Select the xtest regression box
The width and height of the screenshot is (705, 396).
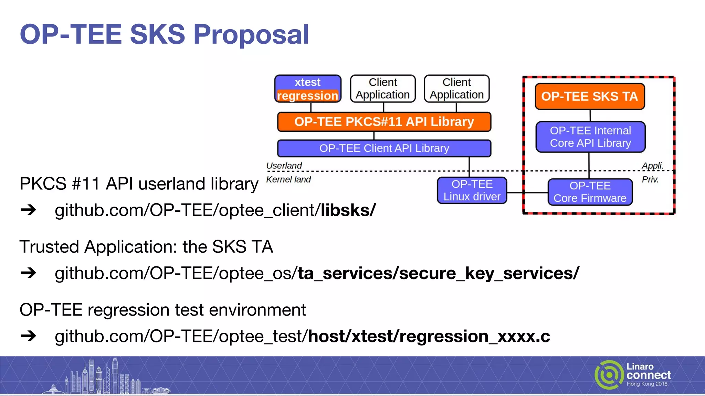(307, 89)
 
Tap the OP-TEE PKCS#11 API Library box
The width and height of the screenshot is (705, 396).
(384, 122)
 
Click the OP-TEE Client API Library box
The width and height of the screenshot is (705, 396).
(384, 148)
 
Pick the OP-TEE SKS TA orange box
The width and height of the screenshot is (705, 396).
(589, 96)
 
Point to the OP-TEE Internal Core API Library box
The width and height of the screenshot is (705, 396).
(590, 137)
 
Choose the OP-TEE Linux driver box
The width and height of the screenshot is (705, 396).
(472, 190)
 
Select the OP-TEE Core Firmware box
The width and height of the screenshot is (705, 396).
(590, 192)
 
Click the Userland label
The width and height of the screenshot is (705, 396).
(284, 166)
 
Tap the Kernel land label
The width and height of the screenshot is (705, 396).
(288, 179)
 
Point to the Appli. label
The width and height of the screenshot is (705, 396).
(652, 166)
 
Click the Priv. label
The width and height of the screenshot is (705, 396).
(650, 179)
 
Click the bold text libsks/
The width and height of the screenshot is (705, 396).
(348, 210)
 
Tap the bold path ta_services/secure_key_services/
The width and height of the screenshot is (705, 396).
(438, 273)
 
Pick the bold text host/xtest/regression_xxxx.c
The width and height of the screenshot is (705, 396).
(429, 336)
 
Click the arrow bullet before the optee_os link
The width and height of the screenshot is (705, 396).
(28, 273)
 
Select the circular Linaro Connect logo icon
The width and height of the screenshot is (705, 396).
(609, 375)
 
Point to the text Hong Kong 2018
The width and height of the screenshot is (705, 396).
(647, 384)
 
